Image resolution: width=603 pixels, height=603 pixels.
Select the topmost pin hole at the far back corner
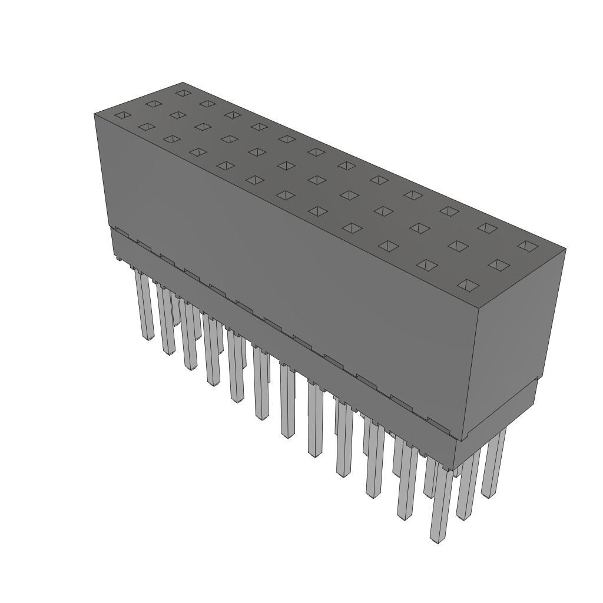(184, 93)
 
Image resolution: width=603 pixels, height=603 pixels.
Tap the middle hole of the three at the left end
(153, 104)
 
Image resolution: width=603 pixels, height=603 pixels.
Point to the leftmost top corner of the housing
(94, 113)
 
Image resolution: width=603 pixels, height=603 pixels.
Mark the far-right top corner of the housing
(565, 249)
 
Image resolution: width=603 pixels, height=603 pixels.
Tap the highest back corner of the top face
(183, 82)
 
